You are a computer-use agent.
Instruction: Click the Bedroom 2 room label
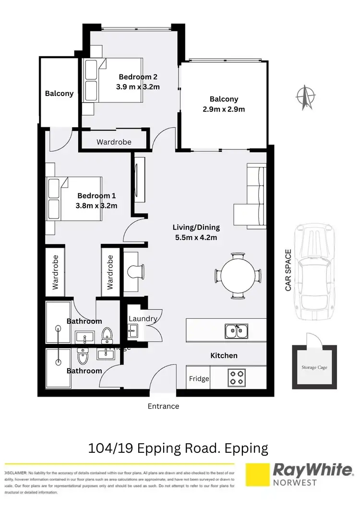138,76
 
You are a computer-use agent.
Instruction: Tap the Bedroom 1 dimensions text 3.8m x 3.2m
96,206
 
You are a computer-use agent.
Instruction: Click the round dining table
239,275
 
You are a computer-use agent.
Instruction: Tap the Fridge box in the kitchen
199,378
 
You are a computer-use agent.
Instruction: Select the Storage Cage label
314,368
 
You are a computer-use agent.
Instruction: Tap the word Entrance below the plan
163,406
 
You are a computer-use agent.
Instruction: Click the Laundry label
143,318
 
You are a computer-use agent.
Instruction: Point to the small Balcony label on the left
59,94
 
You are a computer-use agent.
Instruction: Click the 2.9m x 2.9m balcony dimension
224,109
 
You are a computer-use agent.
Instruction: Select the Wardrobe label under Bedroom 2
114,142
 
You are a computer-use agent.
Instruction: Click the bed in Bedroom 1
74,198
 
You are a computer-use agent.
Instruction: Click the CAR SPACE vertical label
288,270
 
